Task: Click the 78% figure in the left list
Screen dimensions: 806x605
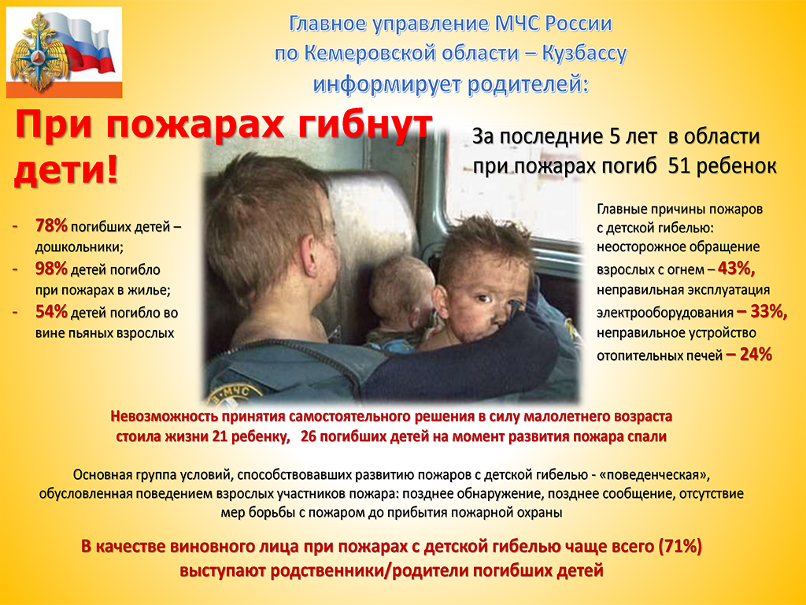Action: (51, 226)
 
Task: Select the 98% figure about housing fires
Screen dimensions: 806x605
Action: (51, 269)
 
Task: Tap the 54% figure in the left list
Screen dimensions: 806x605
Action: (51, 312)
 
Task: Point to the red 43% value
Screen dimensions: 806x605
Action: (736, 269)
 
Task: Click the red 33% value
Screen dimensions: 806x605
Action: (762, 311)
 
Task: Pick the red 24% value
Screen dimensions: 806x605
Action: (749, 354)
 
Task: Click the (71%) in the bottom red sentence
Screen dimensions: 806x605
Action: (680, 547)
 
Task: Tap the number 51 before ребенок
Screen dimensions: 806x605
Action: (678, 166)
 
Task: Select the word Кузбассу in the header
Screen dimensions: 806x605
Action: (585, 54)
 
